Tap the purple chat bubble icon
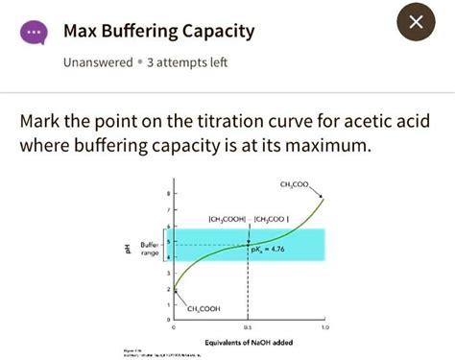(x=35, y=33)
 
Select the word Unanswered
(x=97, y=62)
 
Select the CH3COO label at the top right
(x=295, y=183)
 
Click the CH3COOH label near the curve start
(x=203, y=308)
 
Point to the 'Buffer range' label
(x=150, y=248)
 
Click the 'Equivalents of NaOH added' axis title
(x=249, y=342)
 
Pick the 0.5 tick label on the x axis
(x=249, y=327)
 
